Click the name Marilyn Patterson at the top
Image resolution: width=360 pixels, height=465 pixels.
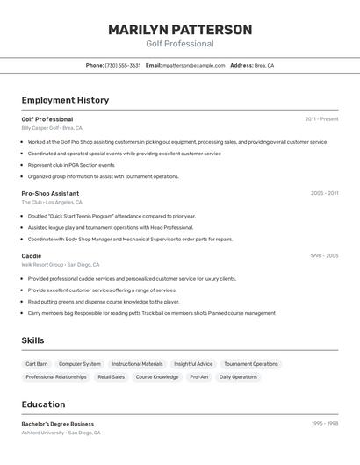point(180,30)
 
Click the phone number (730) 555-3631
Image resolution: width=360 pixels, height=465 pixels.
point(122,65)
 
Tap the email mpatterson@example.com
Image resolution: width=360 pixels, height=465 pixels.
point(194,65)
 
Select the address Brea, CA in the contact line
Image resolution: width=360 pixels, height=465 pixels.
point(264,65)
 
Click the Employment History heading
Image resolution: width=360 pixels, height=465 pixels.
point(65,100)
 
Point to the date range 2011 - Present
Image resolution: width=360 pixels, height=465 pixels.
point(321,119)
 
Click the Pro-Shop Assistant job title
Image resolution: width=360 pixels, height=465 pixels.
point(50,193)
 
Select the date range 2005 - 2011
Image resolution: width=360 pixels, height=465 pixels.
point(324,193)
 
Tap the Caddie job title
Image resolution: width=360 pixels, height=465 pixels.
point(32,255)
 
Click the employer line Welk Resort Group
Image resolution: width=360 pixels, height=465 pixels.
point(42,264)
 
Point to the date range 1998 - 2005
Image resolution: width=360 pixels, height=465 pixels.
point(324,255)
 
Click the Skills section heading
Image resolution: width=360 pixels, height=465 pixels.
point(32,340)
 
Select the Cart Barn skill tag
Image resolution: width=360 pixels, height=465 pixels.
point(37,364)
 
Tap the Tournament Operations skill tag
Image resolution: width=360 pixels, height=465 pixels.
point(251,364)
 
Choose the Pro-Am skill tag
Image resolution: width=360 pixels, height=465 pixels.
point(199,377)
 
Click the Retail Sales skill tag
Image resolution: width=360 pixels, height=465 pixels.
point(112,377)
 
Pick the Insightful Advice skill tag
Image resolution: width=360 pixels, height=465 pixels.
point(193,364)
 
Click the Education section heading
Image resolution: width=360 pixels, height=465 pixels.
point(43,404)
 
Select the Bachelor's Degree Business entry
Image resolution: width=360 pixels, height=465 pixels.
point(58,424)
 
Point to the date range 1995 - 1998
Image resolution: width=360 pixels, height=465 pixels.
point(324,424)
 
